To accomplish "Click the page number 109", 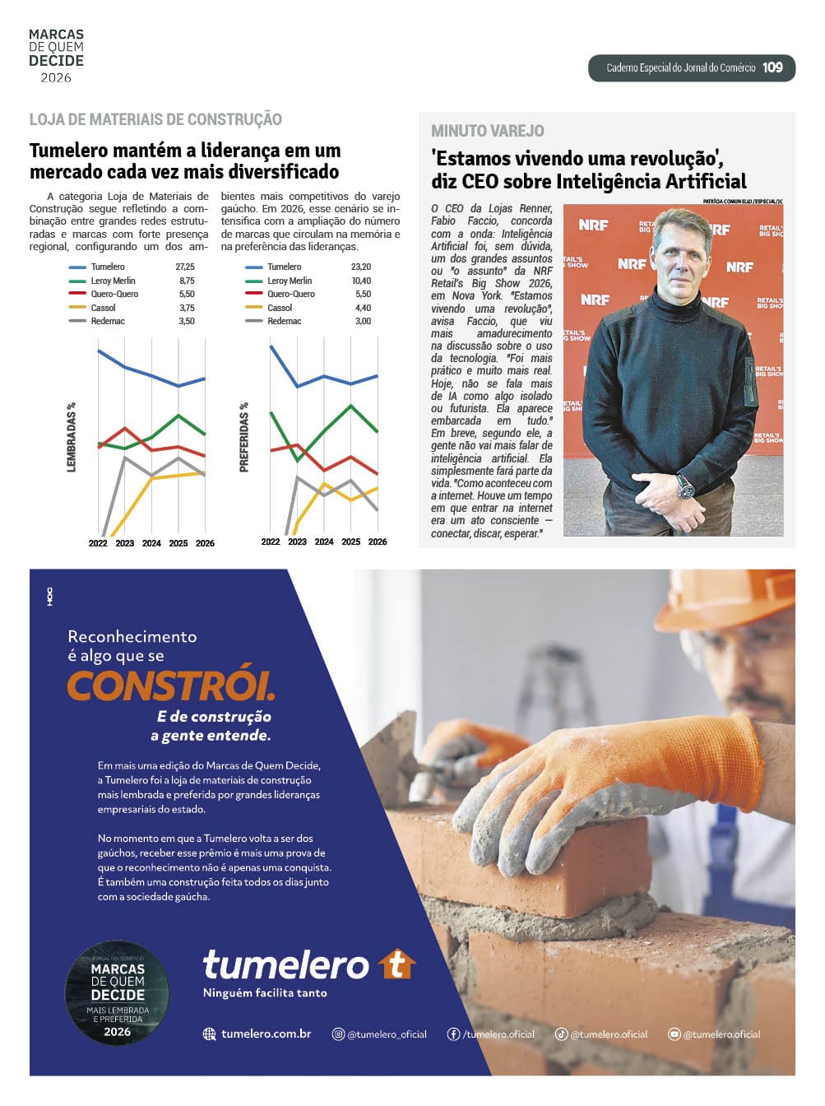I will pos(772,67).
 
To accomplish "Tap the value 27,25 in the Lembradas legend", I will pos(185,267).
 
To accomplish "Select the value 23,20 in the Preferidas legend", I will pos(361,267).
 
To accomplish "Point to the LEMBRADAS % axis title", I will pos(72,437).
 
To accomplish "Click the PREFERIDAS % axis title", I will pos(243,437).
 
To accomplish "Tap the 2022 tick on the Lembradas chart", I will pos(98,543).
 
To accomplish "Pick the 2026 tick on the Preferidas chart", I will pos(378,541).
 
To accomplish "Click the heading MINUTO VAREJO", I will pos(487,131).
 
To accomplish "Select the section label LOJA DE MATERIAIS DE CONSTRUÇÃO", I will pos(155,119).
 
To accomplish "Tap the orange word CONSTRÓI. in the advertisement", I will pos(170,685).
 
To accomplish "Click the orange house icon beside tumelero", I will pos(397,964).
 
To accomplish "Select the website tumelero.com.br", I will pos(266,1034).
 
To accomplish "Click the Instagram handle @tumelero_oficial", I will pos(387,1034).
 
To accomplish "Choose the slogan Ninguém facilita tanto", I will pos(265,992).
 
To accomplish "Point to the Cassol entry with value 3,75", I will pos(104,308).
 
